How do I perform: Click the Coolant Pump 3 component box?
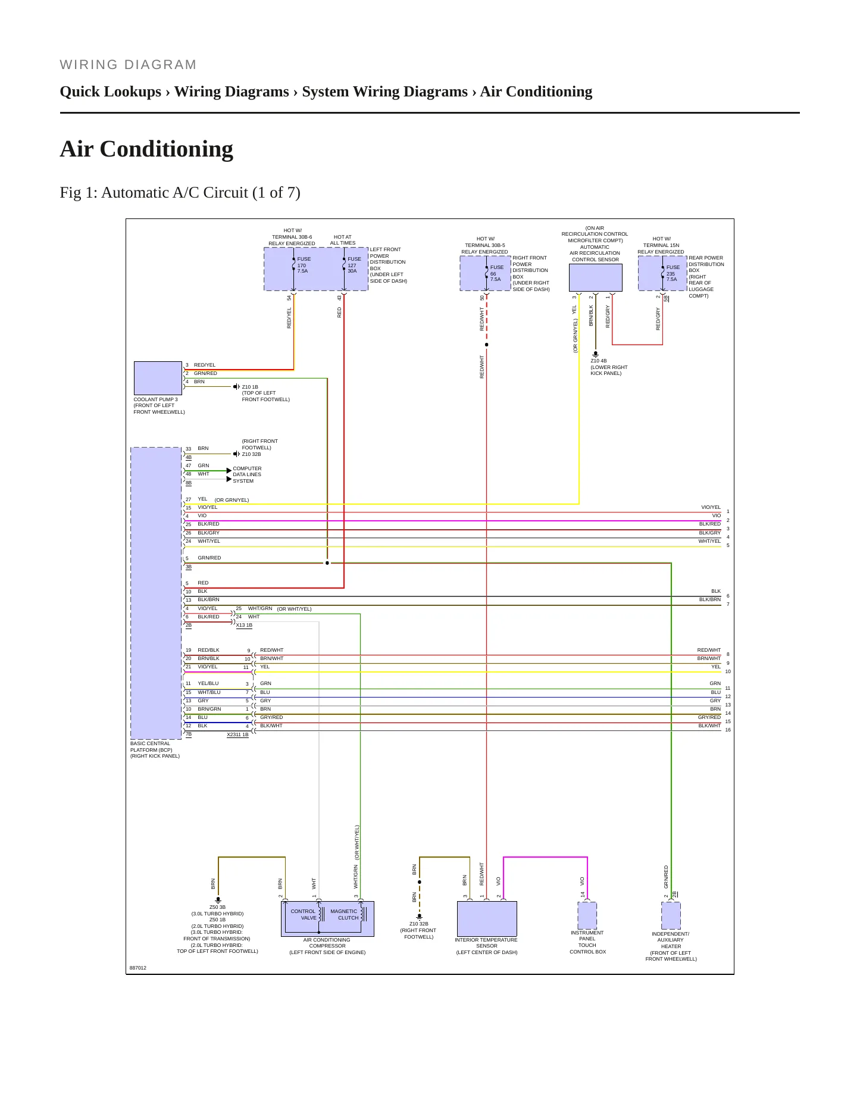(158, 378)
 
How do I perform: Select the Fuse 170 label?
(304, 265)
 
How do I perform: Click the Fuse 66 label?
(496, 273)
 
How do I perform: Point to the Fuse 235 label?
(673, 273)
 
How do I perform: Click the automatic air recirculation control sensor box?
(596, 277)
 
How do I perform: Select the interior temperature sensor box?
(487, 919)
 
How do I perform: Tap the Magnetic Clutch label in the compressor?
(344, 914)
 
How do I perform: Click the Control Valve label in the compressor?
(304, 914)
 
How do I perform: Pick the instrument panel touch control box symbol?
(587, 915)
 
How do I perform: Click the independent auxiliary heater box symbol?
(671, 915)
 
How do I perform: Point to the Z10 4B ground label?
(599, 361)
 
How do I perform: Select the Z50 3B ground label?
(217, 908)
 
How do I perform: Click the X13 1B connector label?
(244, 626)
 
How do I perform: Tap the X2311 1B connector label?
(237, 735)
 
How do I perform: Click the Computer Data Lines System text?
(247, 474)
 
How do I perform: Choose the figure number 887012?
(138, 968)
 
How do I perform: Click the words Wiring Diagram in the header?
(128, 65)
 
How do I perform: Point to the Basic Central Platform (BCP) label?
(155, 750)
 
